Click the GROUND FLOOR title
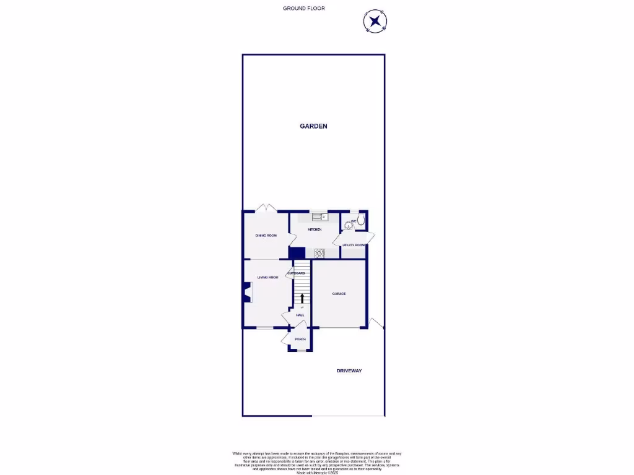303,8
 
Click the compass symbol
373,22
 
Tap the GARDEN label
313,126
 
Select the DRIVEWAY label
349,371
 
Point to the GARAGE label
338,294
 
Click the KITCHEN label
315,229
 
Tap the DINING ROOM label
266,236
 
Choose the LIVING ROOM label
267,277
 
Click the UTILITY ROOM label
354,245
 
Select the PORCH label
300,340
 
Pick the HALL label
300,315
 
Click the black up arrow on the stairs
302,298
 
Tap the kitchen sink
318,216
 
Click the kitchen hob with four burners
319,252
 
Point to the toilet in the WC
361,220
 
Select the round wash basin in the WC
348,225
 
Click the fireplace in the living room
246,293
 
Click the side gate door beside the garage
375,323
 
